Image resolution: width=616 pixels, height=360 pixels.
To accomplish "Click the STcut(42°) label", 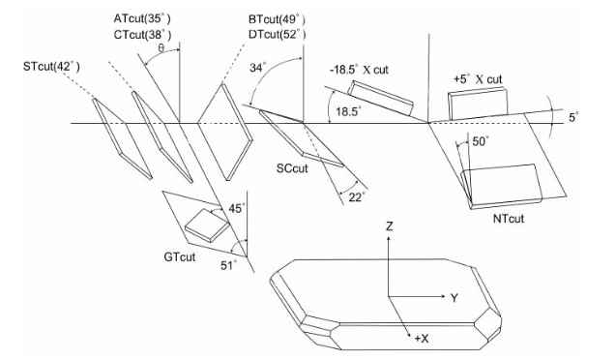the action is [51, 67].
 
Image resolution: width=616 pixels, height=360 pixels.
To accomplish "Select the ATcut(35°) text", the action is [142, 18].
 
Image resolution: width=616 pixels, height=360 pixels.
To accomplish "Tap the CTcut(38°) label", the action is [142, 35].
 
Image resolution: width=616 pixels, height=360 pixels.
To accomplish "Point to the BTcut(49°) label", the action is [277, 19].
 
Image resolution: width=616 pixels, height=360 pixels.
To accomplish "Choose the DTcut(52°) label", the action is [277, 35].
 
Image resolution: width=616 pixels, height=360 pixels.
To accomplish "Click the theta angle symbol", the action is [161, 48].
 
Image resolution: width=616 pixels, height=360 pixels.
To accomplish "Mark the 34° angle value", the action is [257, 68].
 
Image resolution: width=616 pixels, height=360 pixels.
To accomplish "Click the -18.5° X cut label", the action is [359, 70].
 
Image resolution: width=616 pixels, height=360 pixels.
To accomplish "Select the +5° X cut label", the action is [478, 79].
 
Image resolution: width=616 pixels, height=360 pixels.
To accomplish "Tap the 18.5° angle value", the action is [348, 111].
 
